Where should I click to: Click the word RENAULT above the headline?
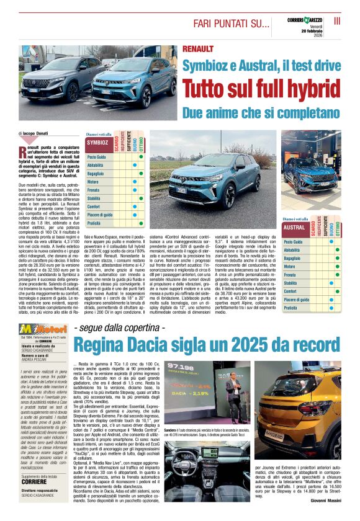click(198, 49)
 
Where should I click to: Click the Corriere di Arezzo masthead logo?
click(302, 20)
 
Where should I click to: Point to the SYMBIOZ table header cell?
click(98, 142)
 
